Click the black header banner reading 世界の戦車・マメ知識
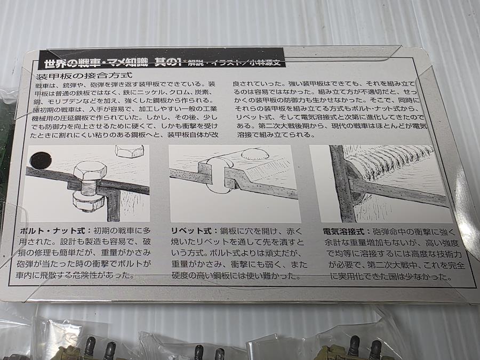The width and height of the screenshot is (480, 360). point(162,58)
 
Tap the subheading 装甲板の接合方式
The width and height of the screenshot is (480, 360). point(84,76)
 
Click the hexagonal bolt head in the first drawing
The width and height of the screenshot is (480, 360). point(90,171)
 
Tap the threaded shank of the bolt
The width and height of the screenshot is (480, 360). point(90,187)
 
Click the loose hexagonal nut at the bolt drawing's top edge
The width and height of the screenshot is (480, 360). point(129,151)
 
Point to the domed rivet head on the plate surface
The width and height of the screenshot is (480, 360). point(255,154)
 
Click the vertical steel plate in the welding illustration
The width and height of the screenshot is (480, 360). point(342,183)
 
